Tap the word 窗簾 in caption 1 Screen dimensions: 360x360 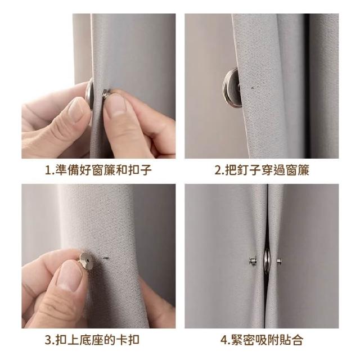tap(103, 170)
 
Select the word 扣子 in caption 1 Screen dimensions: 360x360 tap(140, 170)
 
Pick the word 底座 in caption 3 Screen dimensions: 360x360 tap(91, 340)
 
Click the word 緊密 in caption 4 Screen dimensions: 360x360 tap(243, 340)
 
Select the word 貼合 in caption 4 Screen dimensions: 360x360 tap(291, 340)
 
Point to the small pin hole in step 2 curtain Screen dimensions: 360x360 tap(253, 88)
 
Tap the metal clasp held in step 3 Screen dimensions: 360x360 tap(87, 260)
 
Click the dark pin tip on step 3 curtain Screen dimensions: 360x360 tap(106, 258)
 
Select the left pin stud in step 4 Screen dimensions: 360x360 tap(253, 261)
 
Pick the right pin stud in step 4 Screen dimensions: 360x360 tap(279, 261)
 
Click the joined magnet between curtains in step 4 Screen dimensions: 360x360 tap(267, 260)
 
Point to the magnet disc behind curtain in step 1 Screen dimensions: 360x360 tap(89, 94)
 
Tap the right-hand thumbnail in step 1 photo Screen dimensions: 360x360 tap(116, 105)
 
